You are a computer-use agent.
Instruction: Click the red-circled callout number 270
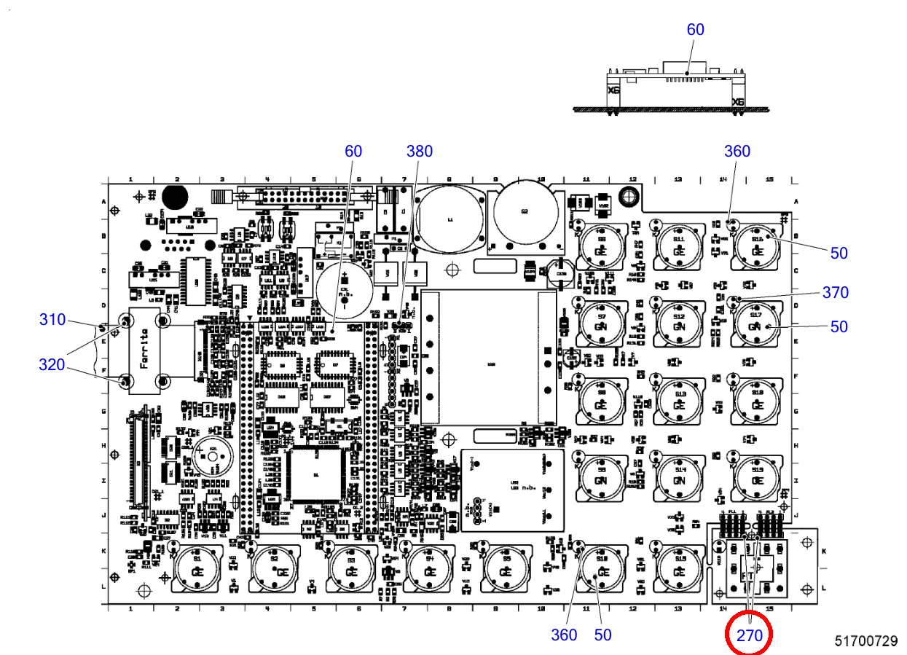coord(749,635)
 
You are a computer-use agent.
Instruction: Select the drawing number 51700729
coord(866,641)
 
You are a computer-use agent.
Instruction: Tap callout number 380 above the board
coord(419,151)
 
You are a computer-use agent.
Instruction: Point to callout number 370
coord(835,292)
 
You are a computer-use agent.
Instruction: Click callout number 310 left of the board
coord(52,319)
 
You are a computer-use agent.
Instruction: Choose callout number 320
coord(52,364)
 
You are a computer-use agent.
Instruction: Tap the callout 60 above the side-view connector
coord(696,29)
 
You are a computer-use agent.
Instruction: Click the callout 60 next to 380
coord(353,151)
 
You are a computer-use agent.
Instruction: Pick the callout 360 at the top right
coord(737,151)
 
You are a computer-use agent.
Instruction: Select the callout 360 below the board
coord(564,635)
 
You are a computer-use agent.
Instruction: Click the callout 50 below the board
coord(602,635)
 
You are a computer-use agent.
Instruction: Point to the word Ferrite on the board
coord(144,350)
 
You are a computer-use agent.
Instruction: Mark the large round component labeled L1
coord(449,218)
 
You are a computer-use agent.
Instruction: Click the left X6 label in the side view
coord(614,91)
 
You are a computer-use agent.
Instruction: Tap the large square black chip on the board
coord(315,475)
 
